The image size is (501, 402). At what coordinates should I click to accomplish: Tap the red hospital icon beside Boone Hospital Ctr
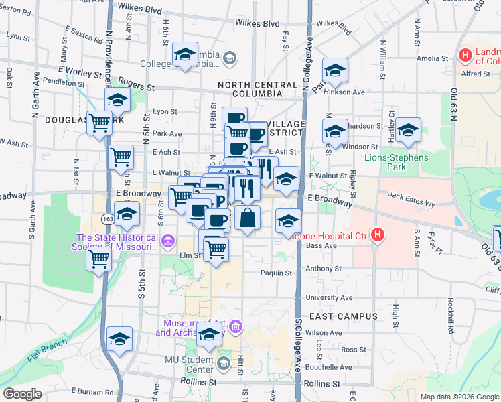378,235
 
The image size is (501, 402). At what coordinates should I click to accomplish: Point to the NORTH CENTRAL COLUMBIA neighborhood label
257,90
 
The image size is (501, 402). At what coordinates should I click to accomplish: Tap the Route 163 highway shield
108,218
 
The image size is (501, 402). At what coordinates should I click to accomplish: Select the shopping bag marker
248,218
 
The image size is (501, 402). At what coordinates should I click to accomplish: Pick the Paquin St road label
276,273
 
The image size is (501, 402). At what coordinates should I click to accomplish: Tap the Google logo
22,394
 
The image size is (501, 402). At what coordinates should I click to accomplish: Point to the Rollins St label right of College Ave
321,383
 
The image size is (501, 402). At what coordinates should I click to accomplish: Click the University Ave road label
329,297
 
